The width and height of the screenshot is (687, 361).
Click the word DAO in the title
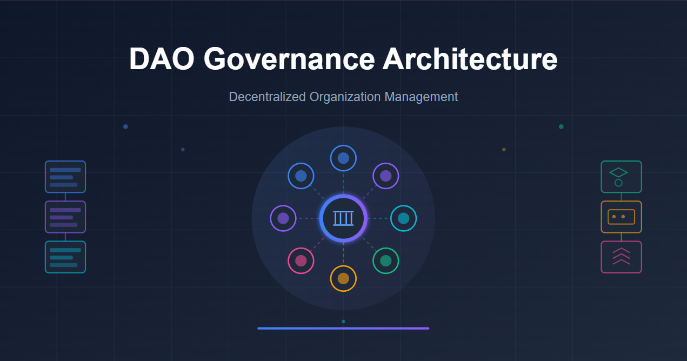[162, 59]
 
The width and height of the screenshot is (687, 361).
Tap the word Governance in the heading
[289, 59]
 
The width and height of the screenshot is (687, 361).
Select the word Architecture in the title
[470, 59]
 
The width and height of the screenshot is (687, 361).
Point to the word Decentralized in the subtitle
[267, 97]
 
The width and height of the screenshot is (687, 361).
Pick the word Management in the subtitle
[421, 97]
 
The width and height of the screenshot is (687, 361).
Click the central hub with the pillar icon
[343, 218]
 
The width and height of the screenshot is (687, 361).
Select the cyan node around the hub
[403, 218]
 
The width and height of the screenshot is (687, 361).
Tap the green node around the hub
[385, 261]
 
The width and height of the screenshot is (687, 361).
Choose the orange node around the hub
[343, 278]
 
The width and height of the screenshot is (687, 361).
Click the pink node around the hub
[301, 261]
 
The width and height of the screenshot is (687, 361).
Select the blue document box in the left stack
[65, 177]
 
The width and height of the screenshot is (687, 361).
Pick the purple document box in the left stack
[65, 217]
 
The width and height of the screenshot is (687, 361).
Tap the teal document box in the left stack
[65, 257]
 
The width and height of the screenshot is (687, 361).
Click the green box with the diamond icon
[621, 177]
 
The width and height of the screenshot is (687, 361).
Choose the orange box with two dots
[621, 217]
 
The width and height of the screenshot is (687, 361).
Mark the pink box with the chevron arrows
[621, 257]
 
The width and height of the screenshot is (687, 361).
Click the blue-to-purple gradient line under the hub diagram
[343, 328]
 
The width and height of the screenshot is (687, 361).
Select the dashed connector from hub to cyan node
[379, 218]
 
